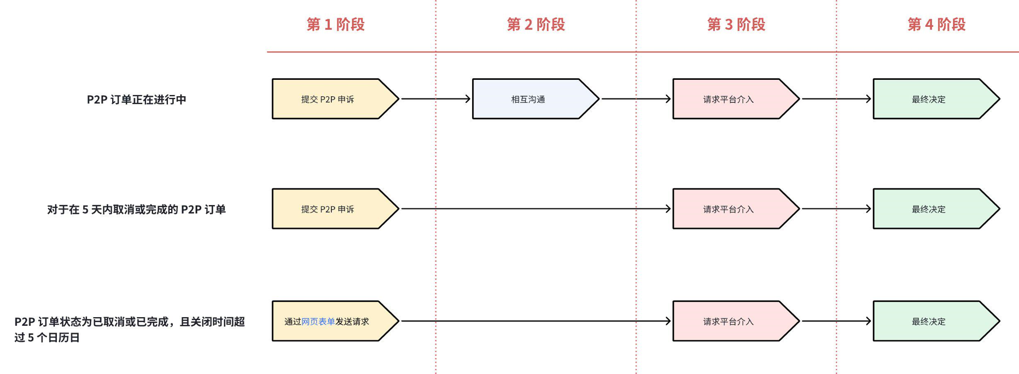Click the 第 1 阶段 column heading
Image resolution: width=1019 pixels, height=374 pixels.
pyautogui.click(x=335, y=25)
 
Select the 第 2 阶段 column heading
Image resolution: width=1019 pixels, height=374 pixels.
pyautogui.click(x=535, y=25)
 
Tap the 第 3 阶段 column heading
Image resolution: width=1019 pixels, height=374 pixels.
pyautogui.click(x=736, y=25)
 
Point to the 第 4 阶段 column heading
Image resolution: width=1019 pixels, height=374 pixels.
pyautogui.click(x=936, y=25)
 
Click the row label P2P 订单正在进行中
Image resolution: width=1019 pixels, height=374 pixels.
pyautogui.click(x=136, y=100)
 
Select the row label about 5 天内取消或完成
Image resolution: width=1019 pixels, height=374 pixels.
pyautogui.click(x=136, y=209)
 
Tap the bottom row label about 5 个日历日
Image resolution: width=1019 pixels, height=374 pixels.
pyautogui.click(x=129, y=329)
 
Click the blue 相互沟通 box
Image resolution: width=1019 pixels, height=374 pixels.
pyautogui.click(x=528, y=99)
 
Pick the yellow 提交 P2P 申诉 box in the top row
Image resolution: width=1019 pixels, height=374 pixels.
pyautogui.click(x=328, y=99)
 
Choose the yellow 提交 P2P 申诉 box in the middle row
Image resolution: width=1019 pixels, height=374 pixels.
pyautogui.click(x=328, y=209)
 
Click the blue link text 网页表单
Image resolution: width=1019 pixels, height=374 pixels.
pyautogui.click(x=318, y=322)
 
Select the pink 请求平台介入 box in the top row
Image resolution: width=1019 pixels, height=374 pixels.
pyautogui.click(x=729, y=99)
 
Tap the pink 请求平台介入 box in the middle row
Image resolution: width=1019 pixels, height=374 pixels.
pyautogui.click(x=729, y=209)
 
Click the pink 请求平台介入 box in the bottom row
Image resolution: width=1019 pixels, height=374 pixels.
pyautogui.click(x=729, y=322)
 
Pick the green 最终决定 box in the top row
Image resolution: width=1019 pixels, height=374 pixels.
pyautogui.click(x=929, y=99)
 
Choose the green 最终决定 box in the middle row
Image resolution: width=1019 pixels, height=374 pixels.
pyautogui.click(x=929, y=209)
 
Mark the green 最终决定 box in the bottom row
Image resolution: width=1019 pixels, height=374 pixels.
pyautogui.click(x=929, y=322)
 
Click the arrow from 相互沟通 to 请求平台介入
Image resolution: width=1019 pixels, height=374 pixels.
pyautogui.click(x=636, y=99)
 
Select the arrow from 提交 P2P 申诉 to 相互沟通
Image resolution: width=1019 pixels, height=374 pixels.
pyautogui.click(x=435, y=99)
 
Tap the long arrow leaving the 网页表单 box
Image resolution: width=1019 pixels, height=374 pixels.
pyautogui.click(x=536, y=321)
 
